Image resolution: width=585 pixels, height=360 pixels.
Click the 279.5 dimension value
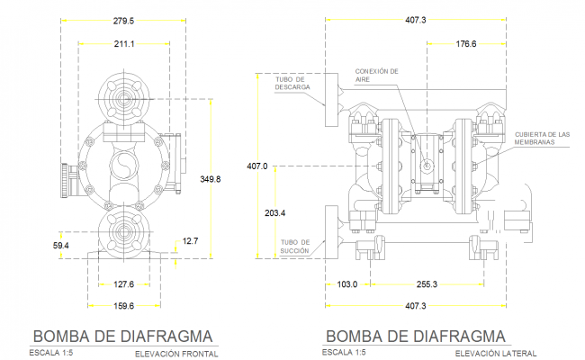[123, 21]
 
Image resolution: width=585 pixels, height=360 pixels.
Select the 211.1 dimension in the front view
[123, 43]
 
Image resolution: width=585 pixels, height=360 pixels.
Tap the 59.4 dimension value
[61, 244]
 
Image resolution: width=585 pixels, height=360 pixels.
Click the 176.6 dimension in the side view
[466, 43]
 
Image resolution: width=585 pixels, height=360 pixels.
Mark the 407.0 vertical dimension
[257, 166]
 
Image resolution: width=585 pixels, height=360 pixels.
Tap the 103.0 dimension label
[346, 283]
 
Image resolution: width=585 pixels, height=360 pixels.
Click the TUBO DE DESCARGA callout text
[292, 85]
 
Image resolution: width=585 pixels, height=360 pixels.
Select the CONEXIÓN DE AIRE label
[376, 75]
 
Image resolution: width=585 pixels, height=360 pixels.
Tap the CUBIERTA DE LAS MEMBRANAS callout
[543, 138]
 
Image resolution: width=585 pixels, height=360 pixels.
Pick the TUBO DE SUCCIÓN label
[294, 247]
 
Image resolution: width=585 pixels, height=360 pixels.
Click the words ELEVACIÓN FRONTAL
[176, 353]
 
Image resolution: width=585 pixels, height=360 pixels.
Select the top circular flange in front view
[123, 98]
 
